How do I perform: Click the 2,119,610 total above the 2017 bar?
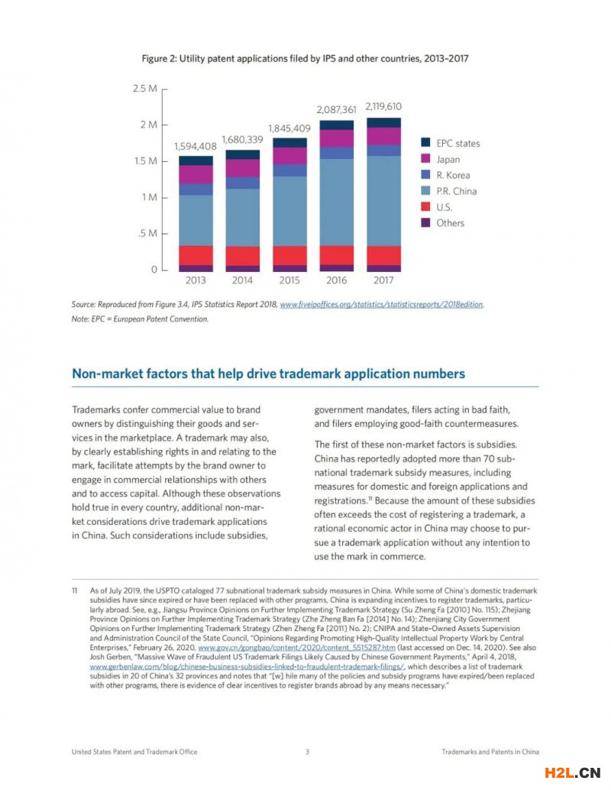(x=383, y=106)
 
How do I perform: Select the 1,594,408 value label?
(x=196, y=145)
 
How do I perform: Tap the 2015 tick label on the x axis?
(x=289, y=280)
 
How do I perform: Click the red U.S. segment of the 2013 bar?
(x=196, y=255)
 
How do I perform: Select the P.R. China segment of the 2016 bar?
(x=337, y=202)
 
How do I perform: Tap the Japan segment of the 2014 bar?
(x=242, y=168)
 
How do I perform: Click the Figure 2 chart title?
(x=305, y=58)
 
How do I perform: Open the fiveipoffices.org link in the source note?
(x=382, y=304)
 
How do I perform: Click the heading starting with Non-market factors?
(x=267, y=374)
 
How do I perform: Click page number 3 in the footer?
(x=307, y=752)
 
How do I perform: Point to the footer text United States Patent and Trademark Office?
(x=134, y=752)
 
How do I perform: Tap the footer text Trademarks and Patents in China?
(x=490, y=752)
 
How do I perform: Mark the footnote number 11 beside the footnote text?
(x=75, y=591)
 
